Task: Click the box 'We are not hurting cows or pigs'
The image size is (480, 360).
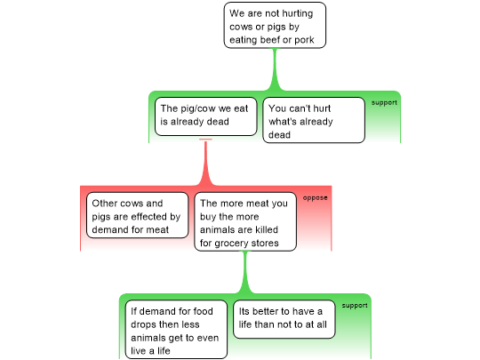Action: click(275, 26)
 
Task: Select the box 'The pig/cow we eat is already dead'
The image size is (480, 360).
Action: click(205, 116)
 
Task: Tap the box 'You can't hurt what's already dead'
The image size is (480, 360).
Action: click(314, 120)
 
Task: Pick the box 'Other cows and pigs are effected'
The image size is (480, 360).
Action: click(137, 215)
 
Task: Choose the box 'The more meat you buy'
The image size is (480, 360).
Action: click(245, 221)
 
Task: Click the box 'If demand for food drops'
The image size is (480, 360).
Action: click(176, 330)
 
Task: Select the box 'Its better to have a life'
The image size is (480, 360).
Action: click(284, 319)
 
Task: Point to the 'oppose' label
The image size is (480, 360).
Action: click(315, 198)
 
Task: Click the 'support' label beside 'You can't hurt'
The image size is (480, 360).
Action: click(384, 103)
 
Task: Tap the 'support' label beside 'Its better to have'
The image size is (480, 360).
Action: click(355, 306)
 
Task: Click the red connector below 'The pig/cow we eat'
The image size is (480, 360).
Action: click(205, 163)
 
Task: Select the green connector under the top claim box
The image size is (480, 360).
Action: click(275, 69)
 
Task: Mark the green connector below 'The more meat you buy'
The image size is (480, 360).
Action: click(245, 273)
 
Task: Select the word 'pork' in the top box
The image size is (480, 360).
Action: click(304, 40)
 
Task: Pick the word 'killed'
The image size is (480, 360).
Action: click(266, 229)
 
